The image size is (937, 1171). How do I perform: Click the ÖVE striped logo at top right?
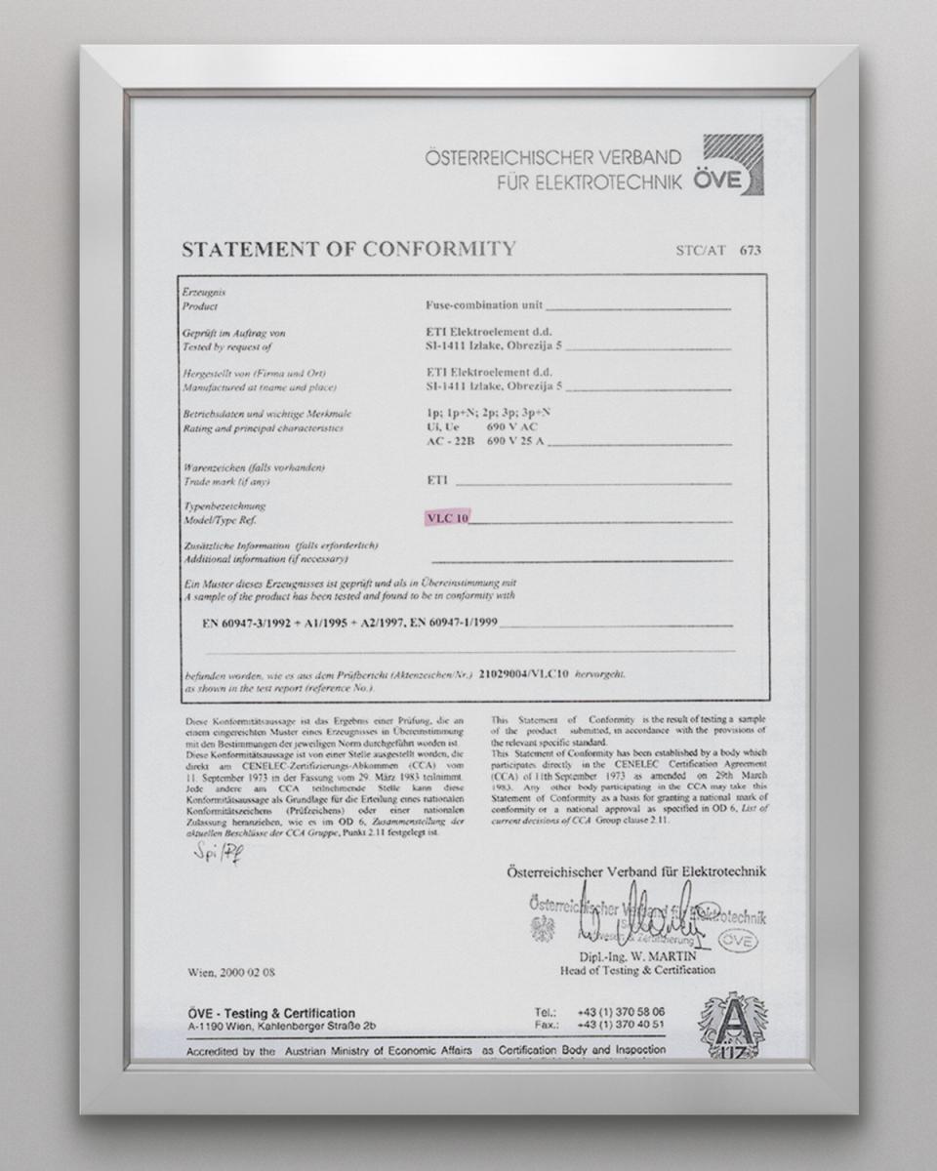pos(733,164)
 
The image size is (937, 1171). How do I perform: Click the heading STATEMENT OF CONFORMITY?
pos(348,249)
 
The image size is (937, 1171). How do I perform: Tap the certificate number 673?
pos(750,250)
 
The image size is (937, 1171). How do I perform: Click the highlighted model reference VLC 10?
pos(447,519)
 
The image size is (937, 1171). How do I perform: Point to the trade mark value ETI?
pos(437,480)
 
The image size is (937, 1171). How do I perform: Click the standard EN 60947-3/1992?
pos(244,622)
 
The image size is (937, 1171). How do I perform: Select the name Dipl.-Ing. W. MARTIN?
pos(637,957)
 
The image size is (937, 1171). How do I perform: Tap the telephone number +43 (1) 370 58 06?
pos(621,1012)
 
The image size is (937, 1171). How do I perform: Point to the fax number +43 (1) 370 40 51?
pos(621,1025)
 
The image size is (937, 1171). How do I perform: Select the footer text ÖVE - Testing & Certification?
pos(270,1013)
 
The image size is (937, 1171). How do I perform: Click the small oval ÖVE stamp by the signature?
pos(737,939)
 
